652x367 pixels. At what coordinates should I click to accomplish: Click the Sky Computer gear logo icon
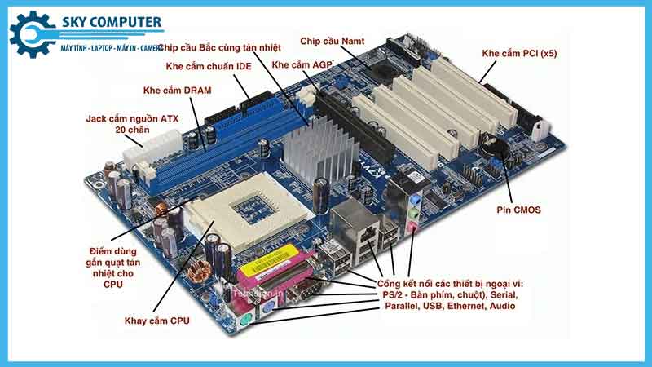(30, 33)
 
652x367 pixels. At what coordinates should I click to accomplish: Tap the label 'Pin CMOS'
(518, 210)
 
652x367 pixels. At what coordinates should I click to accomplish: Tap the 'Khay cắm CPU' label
(157, 321)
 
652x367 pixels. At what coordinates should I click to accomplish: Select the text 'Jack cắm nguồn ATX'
(132, 118)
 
